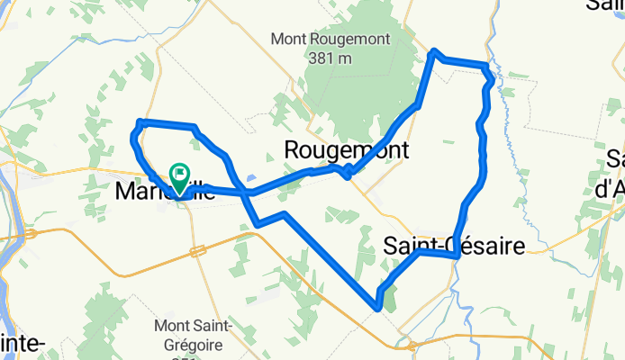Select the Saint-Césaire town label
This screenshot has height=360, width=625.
tap(453, 245)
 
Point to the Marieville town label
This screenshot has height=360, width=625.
tap(149, 192)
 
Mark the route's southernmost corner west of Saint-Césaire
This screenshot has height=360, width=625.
tap(377, 308)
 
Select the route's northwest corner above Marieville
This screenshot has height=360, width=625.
tap(139, 121)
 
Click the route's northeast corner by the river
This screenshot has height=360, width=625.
tap(487, 67)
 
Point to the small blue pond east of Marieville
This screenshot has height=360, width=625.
tap(251, 178)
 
